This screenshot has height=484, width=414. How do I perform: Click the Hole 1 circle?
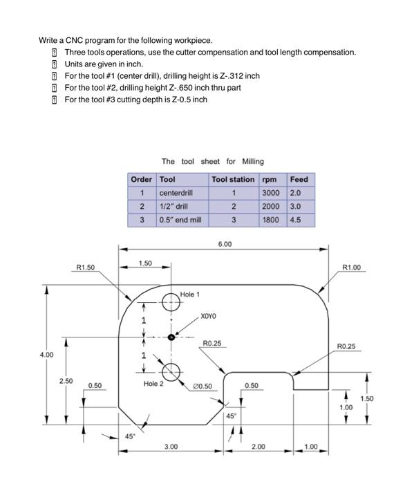click(x=171, y=301)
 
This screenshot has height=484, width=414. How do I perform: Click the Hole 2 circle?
click(x=171, y=371)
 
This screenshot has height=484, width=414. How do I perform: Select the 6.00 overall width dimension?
click(x=225, y=244)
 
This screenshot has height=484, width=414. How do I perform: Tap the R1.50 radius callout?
click(x=86, y=267)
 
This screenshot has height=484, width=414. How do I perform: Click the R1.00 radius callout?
click(x=352, y=267)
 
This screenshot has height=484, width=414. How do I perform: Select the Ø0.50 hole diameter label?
click(x=203, y=386)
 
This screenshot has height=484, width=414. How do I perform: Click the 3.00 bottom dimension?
click(x=171, y=447)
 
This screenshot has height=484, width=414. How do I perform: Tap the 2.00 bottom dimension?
click(x=257, y=447)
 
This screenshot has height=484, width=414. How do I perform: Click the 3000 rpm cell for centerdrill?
click(x=272, y=193)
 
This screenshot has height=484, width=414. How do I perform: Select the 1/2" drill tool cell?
click(x=173, y=206)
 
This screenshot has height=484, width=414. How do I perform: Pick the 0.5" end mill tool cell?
click(x=179, y=220)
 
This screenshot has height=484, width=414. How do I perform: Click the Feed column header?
click(x=299, y=179)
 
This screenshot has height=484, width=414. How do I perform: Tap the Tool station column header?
click(x=233, y=179)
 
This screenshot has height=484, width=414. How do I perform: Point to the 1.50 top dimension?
click(x=145, y=263)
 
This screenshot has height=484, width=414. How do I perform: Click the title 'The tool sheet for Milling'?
click(x=213, y=161)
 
